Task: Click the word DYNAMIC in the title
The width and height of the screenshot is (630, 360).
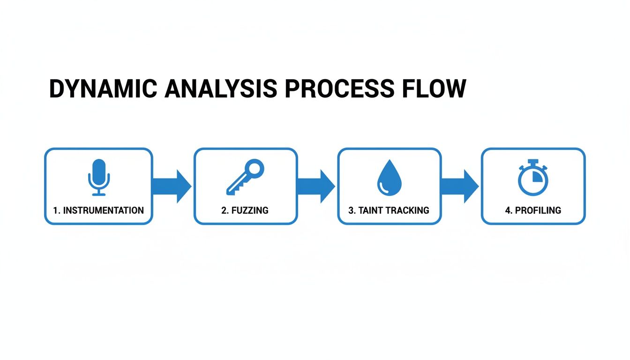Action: pos(102,89)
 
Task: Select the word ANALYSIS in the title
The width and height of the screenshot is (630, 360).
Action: pos(220,89)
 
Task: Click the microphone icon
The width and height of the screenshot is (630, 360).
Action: pos(98,177)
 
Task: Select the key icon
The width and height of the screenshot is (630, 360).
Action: pos(245,177)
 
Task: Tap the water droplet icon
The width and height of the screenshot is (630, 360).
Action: pos(389,177)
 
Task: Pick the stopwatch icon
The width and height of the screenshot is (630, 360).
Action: pos(532,178)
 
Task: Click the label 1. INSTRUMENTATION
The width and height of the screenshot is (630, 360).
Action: pos(98,210)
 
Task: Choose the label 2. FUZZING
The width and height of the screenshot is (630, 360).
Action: pos(245,210)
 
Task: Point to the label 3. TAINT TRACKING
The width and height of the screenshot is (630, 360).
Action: pos(389,210)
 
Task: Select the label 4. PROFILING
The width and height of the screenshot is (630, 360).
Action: pos(533,210)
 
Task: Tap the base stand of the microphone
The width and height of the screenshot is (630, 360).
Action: pos(98,193)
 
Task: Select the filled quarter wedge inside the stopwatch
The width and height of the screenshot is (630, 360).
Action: pos(537,176)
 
